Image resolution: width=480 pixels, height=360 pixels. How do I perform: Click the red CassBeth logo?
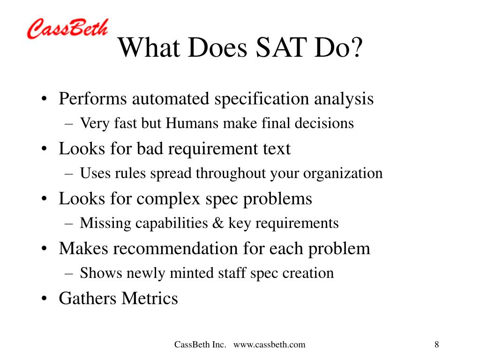67,29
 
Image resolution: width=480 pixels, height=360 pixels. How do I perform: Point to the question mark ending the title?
357,48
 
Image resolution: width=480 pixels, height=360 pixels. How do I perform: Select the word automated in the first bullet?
171,99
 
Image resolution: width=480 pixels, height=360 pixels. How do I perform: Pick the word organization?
343,173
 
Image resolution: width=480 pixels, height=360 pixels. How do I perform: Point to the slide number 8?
436,345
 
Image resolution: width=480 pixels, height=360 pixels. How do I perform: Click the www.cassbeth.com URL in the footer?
269,345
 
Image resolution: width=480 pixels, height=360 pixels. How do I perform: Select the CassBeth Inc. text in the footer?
200,345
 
